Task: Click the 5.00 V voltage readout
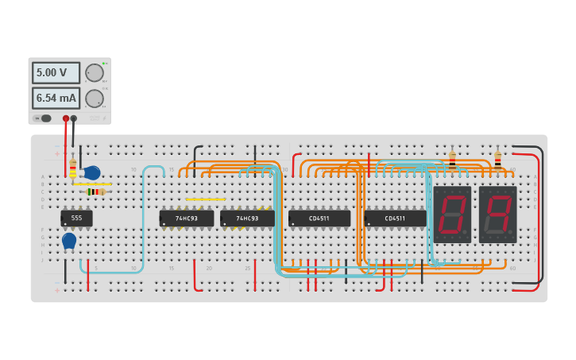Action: click(x=56, y=72)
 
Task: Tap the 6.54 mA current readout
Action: click(x=56, y=98)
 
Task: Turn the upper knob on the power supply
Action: click(x=95, y=73)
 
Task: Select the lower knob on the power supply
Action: click(x=95, y=99)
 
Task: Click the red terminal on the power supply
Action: click(x=66, y=118)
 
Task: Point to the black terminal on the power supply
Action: click(x=74, y=118)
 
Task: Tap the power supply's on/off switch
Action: click(x=43, y=118)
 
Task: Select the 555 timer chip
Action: click(x=76, y=218)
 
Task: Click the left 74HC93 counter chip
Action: click(x=187, y=218)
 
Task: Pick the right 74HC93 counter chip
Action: click(x=247, y=218)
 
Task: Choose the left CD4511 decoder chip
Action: click(x=319, y=218)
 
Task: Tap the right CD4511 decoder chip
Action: click(x=395, y=218)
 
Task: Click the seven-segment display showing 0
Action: click(x=452, y=214)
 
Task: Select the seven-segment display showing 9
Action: click(x=497, y=214)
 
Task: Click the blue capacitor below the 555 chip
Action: click(x=69, y=240)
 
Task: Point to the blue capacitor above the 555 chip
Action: click(x=91, y=172)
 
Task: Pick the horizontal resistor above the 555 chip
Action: click(x=95, y=192)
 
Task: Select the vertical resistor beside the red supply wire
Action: click(x=73, y=169)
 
